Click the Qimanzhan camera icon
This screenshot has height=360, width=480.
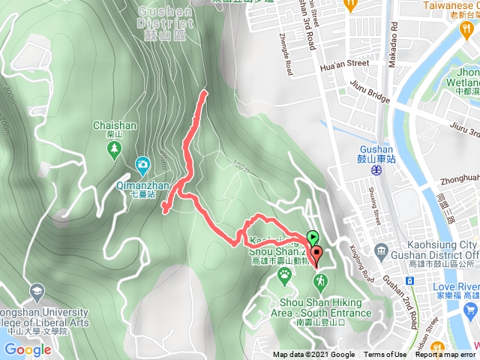pyautogui.click(x=142, y=164)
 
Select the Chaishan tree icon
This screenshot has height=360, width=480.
pyautogui.click(x=112, y=149)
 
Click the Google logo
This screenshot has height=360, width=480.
pyautogui.click(x=27, y=349)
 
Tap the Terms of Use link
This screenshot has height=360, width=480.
pyautogui.click(x=385, y=355)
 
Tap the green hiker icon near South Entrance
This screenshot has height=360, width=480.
pyautogui.click(x=320, y=280)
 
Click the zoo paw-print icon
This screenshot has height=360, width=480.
pyautogui.click(x=285, y=275)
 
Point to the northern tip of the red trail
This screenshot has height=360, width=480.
pyautogui.click(x=204, y=92)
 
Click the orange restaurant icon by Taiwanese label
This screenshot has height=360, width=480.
pyautogui.click(x=350, y=4)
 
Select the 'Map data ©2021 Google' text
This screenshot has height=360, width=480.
pyautogui.click(x=313, y=355)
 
